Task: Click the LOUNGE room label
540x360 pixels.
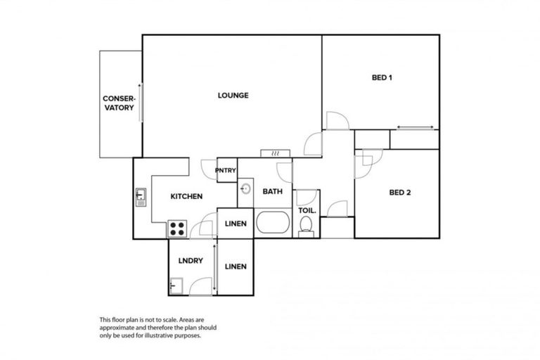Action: click(x=233, y=96)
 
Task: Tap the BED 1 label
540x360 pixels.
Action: click(x=381, y=78)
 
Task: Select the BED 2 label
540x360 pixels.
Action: click(x=399, y=191)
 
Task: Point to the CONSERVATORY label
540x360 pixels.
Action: click(x=119, y=103)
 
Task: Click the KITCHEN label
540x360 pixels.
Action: click(x=187, y=196)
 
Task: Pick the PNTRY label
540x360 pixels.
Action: click(x=226, y=169)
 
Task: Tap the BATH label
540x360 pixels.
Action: click(x=272, y=191)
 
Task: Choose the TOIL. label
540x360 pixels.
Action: click(x=307, y=210)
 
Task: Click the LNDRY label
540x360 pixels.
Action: click(x=191, y=260)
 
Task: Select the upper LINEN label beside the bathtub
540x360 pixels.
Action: click(x=235, y=224)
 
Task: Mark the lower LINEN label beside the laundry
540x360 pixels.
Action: click(x=235, y=266)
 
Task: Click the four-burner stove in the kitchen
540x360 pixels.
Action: click(x=177, y=229)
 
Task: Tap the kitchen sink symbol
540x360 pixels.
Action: click(x=141, y=195)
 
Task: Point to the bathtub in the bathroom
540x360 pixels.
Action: click(x=273, y=224)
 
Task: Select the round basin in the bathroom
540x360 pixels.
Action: click(x=246, y=188)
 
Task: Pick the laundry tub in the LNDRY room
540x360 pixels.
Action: click(x=176, y=285)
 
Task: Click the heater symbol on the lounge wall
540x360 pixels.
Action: click(x=271, y=153)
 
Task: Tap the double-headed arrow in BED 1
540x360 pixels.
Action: click(x=415, y=127)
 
